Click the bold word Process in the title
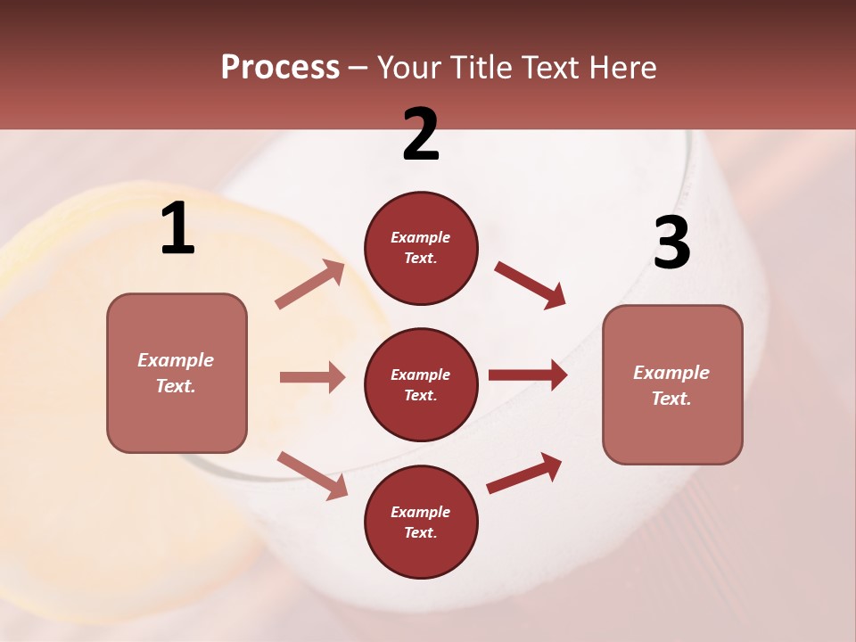[280, 68]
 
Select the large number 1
[177, 229]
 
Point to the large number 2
[421, 135]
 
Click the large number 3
[671, 243]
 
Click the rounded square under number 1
[177, 373]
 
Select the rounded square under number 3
[672, 384]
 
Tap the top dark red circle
[421, 248]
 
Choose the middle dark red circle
[421, 384]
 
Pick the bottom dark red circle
[421, 522]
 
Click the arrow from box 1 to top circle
[310, 284]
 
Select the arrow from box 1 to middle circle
[312, 377]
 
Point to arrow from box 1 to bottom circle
[312, 475]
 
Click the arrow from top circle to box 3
[531, 285]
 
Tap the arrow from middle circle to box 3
[528, 375]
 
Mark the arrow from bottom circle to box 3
[524, 473]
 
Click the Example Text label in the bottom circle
[421, 523]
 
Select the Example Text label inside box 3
[671, 385]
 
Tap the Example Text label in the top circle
[421, 248]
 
